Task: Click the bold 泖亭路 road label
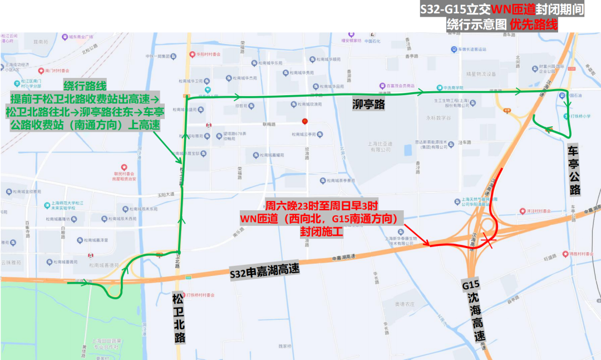pyautogui.click(x=369, y=104)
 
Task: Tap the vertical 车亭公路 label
pyautogui.click(x=574, y=170)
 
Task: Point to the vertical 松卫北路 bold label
pyautogui.click(x=178, y=317)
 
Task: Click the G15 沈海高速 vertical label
pyautogui.click(x=474, y=312)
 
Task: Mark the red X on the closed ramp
pyautogui.click(x=489, y=239)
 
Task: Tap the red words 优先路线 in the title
pyautogui.click(x=534, y=24)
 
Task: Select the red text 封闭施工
pyautogui.click(x=321, y=231)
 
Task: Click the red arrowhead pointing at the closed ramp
pyautogui.click(x=427, y=243)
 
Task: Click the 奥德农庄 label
pyautogui.click(x=405, y=304)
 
